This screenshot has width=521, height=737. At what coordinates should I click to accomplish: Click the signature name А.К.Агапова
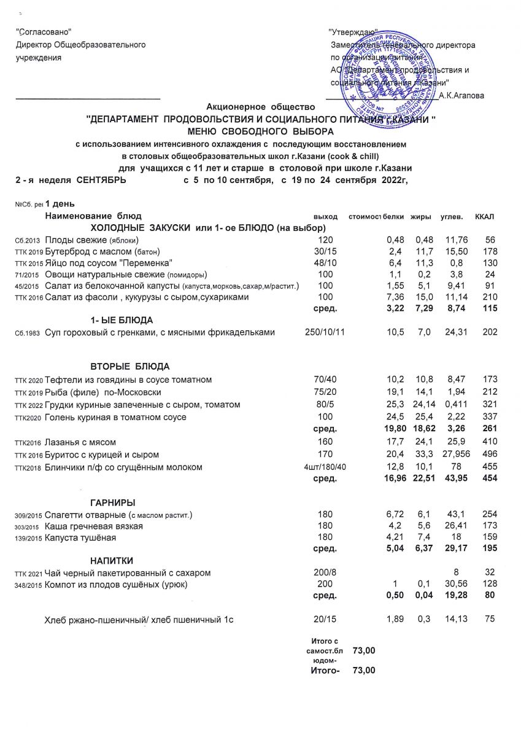click(462, 95)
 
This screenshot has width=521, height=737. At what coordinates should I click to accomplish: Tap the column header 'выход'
click(325, 217)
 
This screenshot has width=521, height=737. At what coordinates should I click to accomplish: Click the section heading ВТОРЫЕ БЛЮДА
click(130, 367)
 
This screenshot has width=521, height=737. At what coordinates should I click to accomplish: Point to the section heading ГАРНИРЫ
click(113, 503)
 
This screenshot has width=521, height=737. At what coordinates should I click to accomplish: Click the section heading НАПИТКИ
click(112, 561)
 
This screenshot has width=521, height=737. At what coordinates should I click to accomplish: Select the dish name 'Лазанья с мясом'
click(80, 442)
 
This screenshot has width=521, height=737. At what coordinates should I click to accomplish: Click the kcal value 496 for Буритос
click(489, 454)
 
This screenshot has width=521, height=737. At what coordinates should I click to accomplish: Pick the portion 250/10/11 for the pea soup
click(325, 333)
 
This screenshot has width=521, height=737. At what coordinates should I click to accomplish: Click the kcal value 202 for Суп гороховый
click(489, 333)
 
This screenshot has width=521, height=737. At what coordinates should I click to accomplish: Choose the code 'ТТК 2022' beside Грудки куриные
click(29, 405)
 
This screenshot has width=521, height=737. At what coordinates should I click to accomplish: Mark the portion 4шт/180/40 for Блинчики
click(325, 467)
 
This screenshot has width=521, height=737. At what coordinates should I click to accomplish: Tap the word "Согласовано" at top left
click(44, 33)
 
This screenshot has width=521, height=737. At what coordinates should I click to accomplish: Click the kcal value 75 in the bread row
click(489, 620)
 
